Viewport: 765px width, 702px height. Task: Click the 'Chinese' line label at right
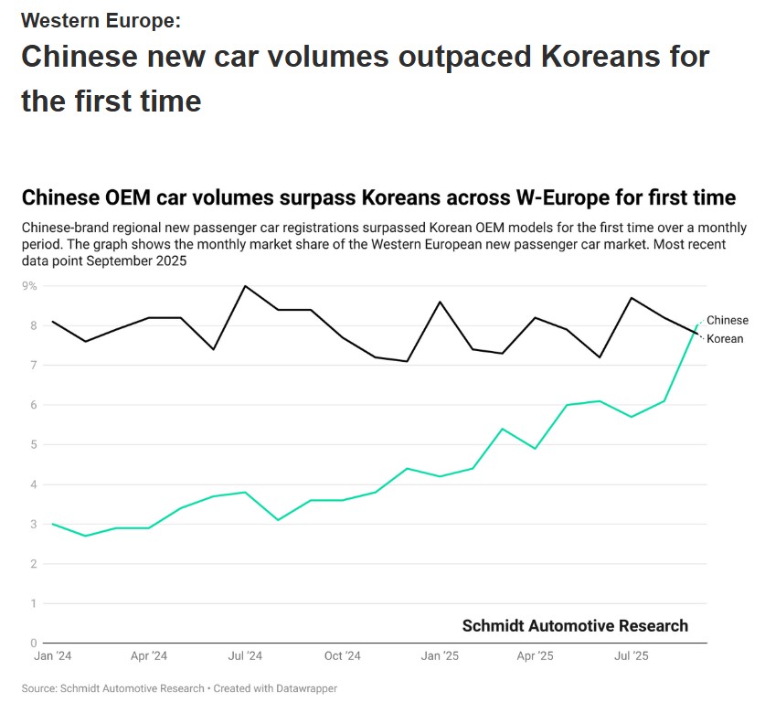pyautogui.click(x=727, y=321)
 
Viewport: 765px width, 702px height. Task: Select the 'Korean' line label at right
pyautogui.click(x=725, y=339)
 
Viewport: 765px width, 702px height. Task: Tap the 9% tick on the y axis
pyautogui.click(x=29, y=286)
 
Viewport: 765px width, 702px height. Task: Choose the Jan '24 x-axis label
pyautogui.click(x=53, y=656)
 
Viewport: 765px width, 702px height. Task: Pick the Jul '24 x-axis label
pyautogui.click(x=245, y=656)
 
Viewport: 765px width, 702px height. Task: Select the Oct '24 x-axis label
pyautogui.click(x=342, y=656)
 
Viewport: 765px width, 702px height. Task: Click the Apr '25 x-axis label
pyautogui.click(x=535, y=656)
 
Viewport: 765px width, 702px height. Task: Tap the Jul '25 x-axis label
pyautogui.click(x=631, y=656)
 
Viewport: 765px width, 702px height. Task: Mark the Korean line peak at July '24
pyautogui.click(x=245, y=286)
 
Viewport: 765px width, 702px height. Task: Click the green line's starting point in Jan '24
pyautogui.click(x=53, y=524)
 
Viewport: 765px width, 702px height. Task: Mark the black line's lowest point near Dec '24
pyautogui.click(x=407, y=361)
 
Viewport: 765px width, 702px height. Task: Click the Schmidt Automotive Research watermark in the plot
pyautogui.click(x=575, y=626)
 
